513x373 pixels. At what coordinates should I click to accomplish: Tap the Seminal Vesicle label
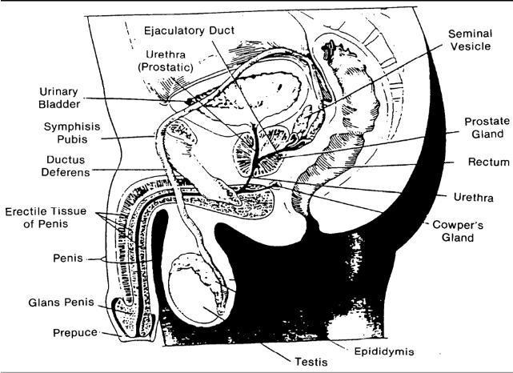click(x=469, y=42)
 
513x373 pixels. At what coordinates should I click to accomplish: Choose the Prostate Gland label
click(x=487, y=128)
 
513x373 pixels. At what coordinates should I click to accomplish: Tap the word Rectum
click(x=489, y=162)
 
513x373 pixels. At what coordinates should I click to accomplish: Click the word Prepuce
click(x=74, y=331)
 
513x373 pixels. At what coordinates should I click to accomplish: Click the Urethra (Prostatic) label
click(x=167, y=61)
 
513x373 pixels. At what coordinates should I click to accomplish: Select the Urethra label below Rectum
click(x=473, y=197)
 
